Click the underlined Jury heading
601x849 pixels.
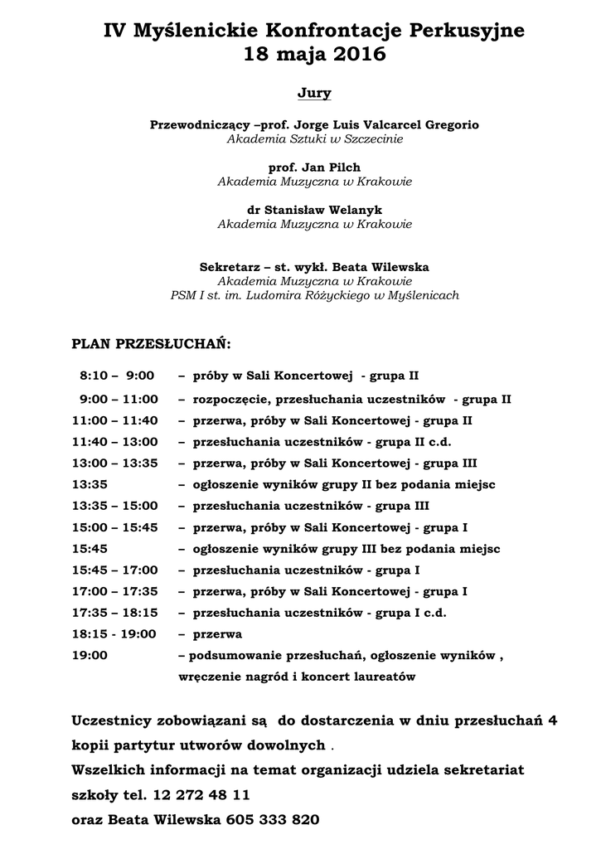314,93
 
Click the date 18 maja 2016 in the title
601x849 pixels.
314,56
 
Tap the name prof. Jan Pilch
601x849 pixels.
314,167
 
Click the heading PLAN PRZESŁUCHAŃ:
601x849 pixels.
152,342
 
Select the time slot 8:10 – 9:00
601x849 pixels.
117,376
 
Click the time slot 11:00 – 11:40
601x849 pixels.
114,420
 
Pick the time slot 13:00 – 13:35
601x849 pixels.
114,463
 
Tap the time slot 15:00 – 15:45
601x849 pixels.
114,527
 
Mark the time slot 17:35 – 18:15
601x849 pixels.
114,613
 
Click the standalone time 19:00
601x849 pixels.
90,655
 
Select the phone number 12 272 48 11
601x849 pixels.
201,794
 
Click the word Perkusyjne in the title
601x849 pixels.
465,32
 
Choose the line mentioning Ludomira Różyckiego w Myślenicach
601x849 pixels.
314,295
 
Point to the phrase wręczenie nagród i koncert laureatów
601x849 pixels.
296,677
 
